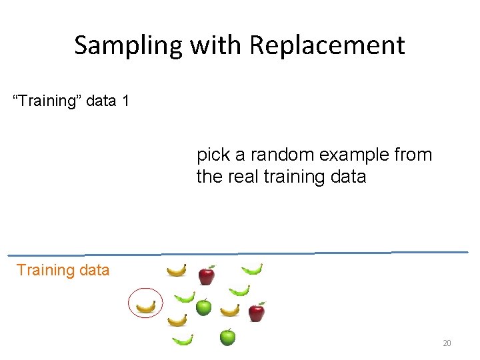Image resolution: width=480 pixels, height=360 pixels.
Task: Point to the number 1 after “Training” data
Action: [125, 101]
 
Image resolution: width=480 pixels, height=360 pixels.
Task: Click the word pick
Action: [212, 155]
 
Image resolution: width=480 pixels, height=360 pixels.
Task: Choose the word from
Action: [413, 155]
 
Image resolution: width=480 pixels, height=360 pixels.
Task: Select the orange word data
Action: [94, 270]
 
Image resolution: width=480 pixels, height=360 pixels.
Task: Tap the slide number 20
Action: [447, 343]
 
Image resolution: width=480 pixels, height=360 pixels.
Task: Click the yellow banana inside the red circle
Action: [145, 307]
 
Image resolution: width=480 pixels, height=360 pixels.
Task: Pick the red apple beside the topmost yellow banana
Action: [207, 274]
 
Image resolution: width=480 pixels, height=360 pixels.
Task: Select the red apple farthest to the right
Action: [256, 311]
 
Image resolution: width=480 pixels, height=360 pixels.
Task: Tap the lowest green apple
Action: [227, 337]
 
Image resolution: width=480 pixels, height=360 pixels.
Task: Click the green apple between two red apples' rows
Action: [203, 307]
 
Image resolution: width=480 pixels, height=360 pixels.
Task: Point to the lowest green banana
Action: [183, 340]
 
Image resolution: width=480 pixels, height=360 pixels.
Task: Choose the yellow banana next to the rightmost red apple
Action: [230, 310]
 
